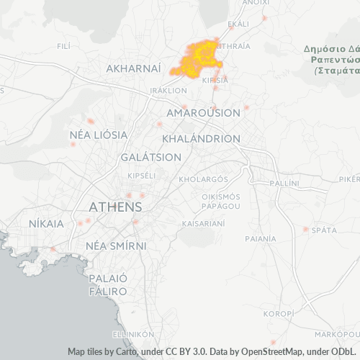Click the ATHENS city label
(x=114, y=207)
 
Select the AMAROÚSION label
(x=203, y=113)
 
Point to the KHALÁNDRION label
(x=202, y=138)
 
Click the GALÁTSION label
(x=151, y=157)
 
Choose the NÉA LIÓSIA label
(x=99, y=135)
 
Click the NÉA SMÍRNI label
(x=115, y=246)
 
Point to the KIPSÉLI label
(x=141, y=176)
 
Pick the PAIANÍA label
(x=261, y=238)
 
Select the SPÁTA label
(x=325, y=230)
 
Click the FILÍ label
(x=63, y=45)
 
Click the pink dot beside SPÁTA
(x=306, y=230)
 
